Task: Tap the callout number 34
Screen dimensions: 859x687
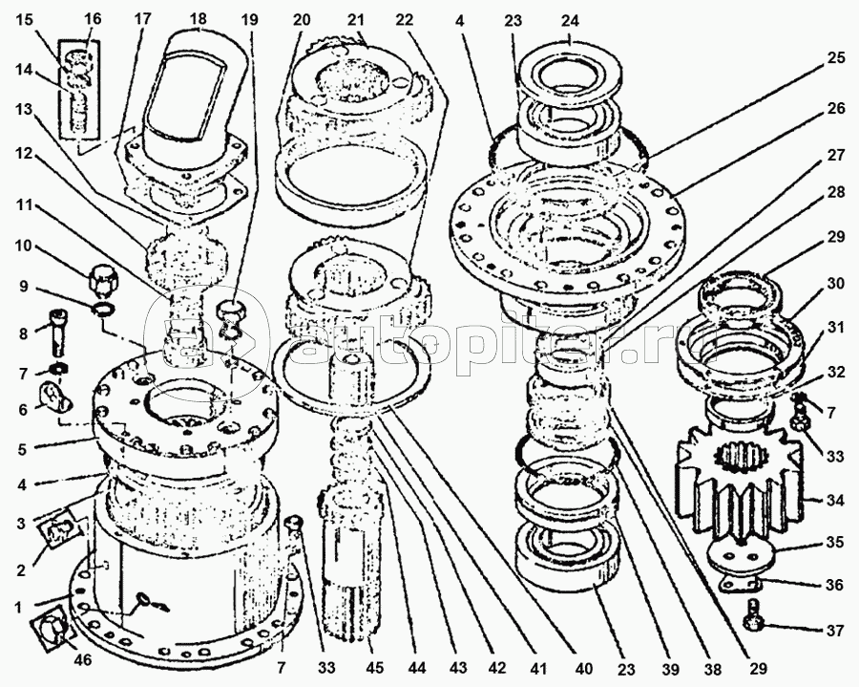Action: click(835, 500)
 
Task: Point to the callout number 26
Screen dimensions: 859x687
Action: click(836, 109)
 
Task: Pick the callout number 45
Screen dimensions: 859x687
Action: click(375, 668)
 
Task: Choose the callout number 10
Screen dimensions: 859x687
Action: click(23, 247)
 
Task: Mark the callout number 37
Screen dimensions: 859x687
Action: click(835, 631)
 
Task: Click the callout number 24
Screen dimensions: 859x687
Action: click(570, 21)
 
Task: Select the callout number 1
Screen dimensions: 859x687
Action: click(19, 608)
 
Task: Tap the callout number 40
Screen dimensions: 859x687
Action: click(584, 668)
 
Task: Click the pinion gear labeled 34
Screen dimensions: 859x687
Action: click(741, 484)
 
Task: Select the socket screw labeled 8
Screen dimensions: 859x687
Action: click(57, 331)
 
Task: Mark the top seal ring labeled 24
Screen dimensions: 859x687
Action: click(570, 73)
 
